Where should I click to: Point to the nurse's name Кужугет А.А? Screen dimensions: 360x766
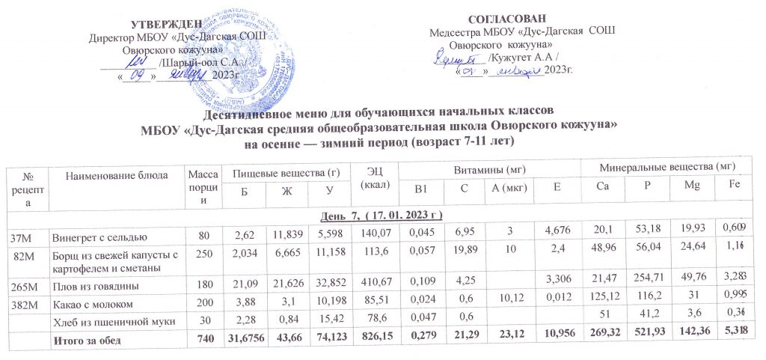pos(525,58)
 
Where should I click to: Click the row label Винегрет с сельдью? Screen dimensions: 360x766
pos(94,239)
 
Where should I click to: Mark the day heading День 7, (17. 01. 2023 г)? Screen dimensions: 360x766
pos(382,216)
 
